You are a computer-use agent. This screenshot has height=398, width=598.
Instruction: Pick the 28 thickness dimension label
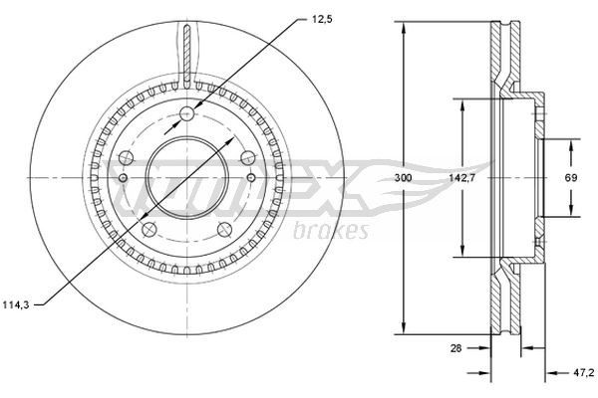pyautogui.click(x=457, y=347)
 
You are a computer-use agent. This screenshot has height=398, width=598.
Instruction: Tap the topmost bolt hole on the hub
pyautogui.click(x=187, y=115)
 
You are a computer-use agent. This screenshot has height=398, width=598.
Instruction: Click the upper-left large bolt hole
pyautogui.click(x=127, y=156)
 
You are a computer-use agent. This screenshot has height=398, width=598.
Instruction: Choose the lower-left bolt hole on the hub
pyautogui.click(x=149, y=230)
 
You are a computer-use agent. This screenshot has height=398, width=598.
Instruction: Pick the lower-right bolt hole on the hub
pyautogui.click(x=225, y=230)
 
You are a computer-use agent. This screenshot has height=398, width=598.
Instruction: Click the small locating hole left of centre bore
pyautogui.click(x=123, y=178)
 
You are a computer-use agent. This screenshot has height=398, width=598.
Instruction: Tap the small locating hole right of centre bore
pyautogui.click(x=251, y=178)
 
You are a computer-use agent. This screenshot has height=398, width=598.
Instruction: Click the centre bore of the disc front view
pyautogui.click(x=187, y=178)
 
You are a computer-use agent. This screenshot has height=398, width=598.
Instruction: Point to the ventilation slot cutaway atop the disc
pyautogui.click(x=187, y=50)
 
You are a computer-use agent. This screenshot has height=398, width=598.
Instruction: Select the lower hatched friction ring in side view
pyautogui.click(x=503, y=298)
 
